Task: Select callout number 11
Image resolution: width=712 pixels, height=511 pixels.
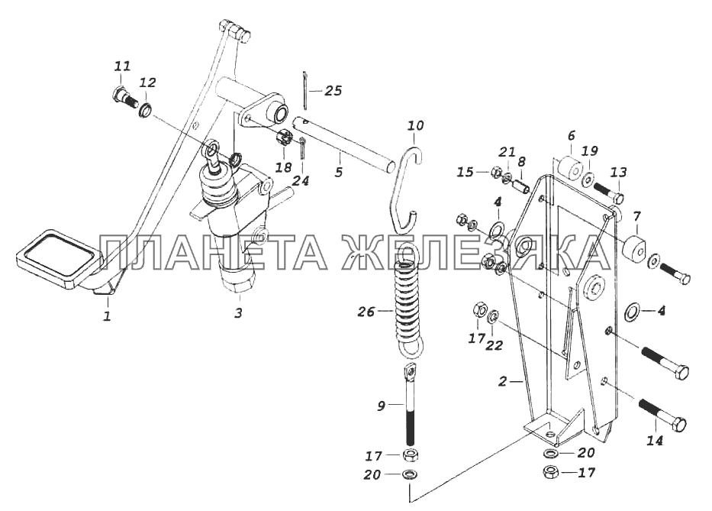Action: tap(122, 66)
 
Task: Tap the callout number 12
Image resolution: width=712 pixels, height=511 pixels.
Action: tap(148, 82)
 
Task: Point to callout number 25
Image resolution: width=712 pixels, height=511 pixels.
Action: tap(333, 91)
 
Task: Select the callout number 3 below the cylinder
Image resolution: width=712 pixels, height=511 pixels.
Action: tap(238, 314)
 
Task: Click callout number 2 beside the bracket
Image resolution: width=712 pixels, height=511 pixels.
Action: tap(502, 382)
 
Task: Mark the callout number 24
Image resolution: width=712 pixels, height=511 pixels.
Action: tap(301, 181)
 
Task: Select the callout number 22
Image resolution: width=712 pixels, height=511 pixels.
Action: tap(494, 345)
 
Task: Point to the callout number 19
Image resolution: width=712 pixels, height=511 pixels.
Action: tap(591, 151)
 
